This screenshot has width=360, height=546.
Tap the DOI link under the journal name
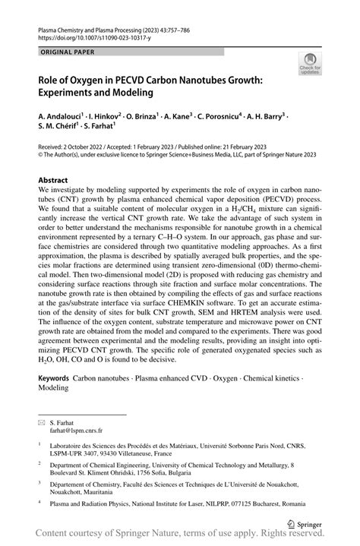point(88,36)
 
